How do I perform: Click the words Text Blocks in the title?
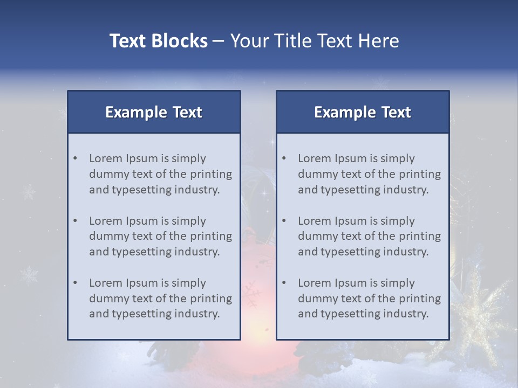pyautogui.click(x=158, y=41)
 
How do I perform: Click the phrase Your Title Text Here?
pyautogui.click(x=315, y=41)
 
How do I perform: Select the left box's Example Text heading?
pyautogui.click(x=154, y=112)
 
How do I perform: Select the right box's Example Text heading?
pyautogui.click(x=363, y=112)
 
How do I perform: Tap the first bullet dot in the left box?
pyautogui.click(x=75, y=158)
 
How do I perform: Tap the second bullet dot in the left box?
pyautogui.click(x=75, y=221)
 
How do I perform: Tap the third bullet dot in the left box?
pyautogui.click(x=75, y=283)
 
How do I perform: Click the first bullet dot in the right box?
pyautogui.click(x=284, y=158)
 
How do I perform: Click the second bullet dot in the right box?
pyautogui.click(x=284, y=221)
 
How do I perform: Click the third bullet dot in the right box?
pyautogui.click(x=284, y=283)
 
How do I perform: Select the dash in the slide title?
pyautogui.click(x=219, y=41)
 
